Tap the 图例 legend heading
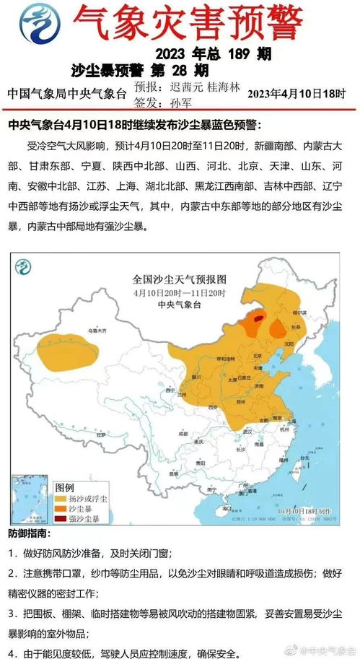click(x=65, y=486)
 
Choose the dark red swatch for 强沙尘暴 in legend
click(x=61, y=518)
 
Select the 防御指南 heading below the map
click(x=30, y=534)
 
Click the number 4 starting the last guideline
click(x=14, y=635)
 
